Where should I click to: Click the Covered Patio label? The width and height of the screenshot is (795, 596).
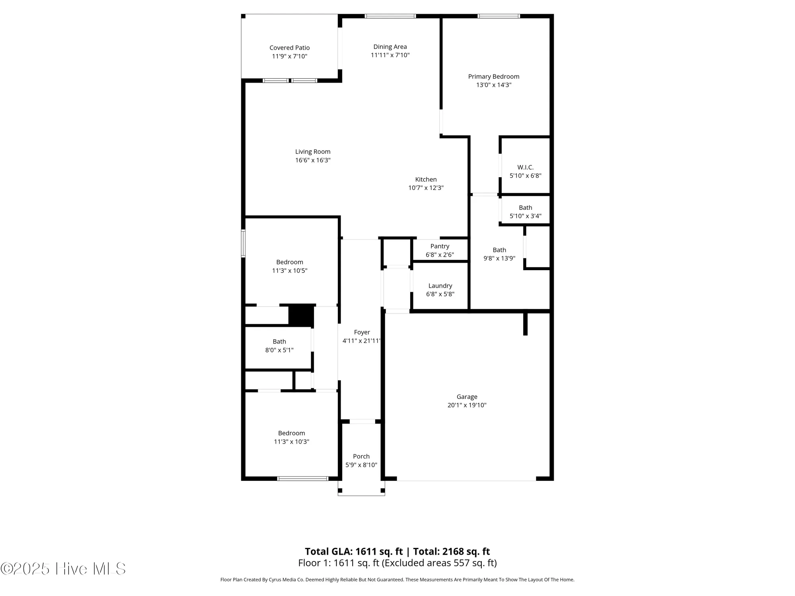tap(289, 48)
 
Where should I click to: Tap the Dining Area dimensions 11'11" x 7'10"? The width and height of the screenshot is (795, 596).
tap(390, 55)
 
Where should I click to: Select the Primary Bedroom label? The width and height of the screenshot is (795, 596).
tap(493, 76)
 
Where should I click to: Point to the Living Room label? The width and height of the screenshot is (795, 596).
tap(312, 151)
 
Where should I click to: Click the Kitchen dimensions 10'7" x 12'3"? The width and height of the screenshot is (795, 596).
tap(426, 188)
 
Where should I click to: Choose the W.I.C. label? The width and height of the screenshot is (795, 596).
tap(525, 167)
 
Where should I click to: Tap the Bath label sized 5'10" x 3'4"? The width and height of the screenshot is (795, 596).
tap(525, 207)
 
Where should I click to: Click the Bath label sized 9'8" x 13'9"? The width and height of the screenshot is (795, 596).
tap(499, 250)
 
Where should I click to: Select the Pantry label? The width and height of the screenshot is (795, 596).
tap(440, 246)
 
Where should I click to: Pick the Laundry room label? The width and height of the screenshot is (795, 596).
tap(440, 286)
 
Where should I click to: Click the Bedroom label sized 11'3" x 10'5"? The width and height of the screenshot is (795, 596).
tap(289, 262)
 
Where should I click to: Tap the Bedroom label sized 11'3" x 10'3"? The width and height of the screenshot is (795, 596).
tap(291, 433)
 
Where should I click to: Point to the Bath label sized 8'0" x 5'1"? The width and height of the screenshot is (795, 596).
tap(279, 341)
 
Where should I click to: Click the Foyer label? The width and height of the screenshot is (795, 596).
tap(362, 332)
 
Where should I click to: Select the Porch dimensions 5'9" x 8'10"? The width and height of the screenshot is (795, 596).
tap(361, 465)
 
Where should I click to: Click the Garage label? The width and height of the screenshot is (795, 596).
tap(467, 397)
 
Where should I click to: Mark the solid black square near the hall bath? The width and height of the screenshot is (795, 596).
tap(301, 315)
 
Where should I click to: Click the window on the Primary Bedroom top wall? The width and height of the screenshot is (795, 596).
tap(498, 16)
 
